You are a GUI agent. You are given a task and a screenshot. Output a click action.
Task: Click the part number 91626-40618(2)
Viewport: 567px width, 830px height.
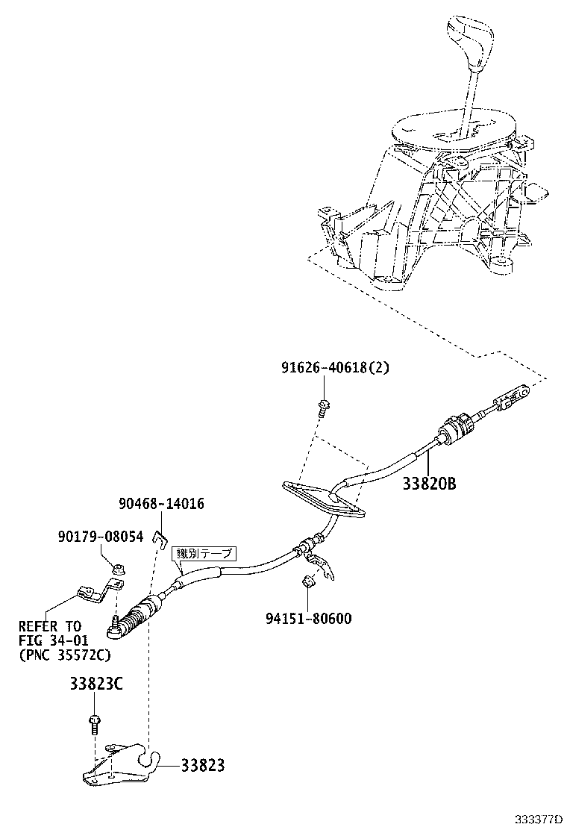coord(335,367)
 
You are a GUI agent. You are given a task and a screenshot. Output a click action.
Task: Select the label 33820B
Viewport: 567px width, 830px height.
coord(428,483)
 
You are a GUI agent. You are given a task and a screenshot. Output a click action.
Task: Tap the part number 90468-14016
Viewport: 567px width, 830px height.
coord(161,504)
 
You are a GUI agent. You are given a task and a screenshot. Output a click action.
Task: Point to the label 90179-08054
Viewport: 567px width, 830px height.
coord(100,537)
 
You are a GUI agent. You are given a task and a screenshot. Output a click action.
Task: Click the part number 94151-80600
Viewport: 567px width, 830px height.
coord(308,618)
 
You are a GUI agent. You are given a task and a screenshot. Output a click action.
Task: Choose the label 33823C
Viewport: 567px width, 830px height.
coord(96,684)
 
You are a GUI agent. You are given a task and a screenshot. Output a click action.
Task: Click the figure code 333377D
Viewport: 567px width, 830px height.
coord(536,819)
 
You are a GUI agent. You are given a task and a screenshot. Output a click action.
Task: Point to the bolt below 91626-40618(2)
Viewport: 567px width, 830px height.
coord(324,407)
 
